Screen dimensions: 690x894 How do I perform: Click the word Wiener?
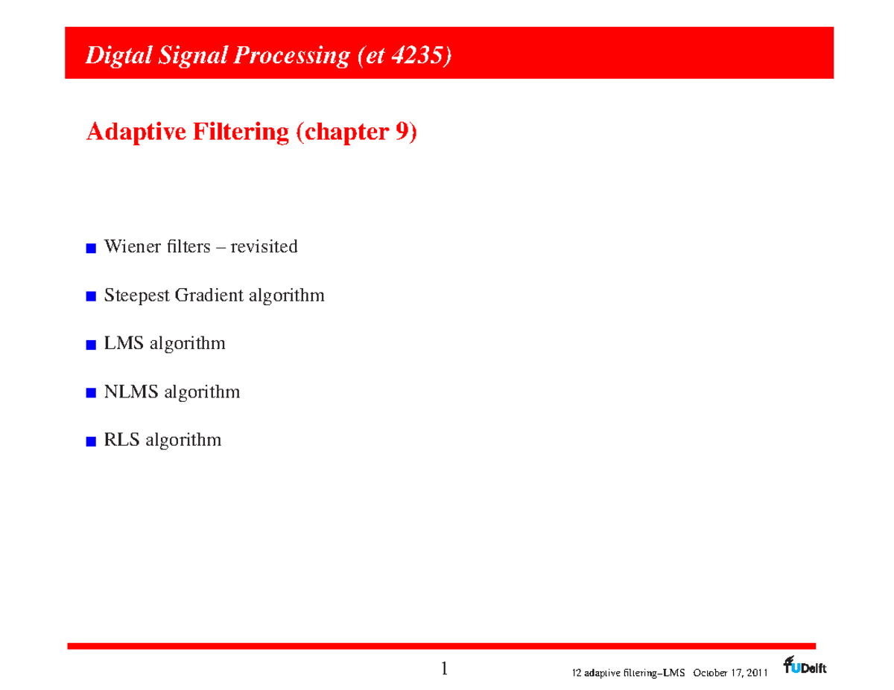130,246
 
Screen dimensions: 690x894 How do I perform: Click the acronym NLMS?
131,392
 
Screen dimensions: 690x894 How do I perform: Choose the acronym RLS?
122,440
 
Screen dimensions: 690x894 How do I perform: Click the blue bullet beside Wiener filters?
91,248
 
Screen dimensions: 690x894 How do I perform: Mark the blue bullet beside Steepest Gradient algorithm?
91,297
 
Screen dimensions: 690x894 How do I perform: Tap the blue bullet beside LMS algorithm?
91,345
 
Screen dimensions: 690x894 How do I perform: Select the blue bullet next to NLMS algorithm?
91,393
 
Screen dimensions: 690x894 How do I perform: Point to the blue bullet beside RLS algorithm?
91,441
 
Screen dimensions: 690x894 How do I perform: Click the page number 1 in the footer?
445,668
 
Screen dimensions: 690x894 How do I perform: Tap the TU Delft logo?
804,665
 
